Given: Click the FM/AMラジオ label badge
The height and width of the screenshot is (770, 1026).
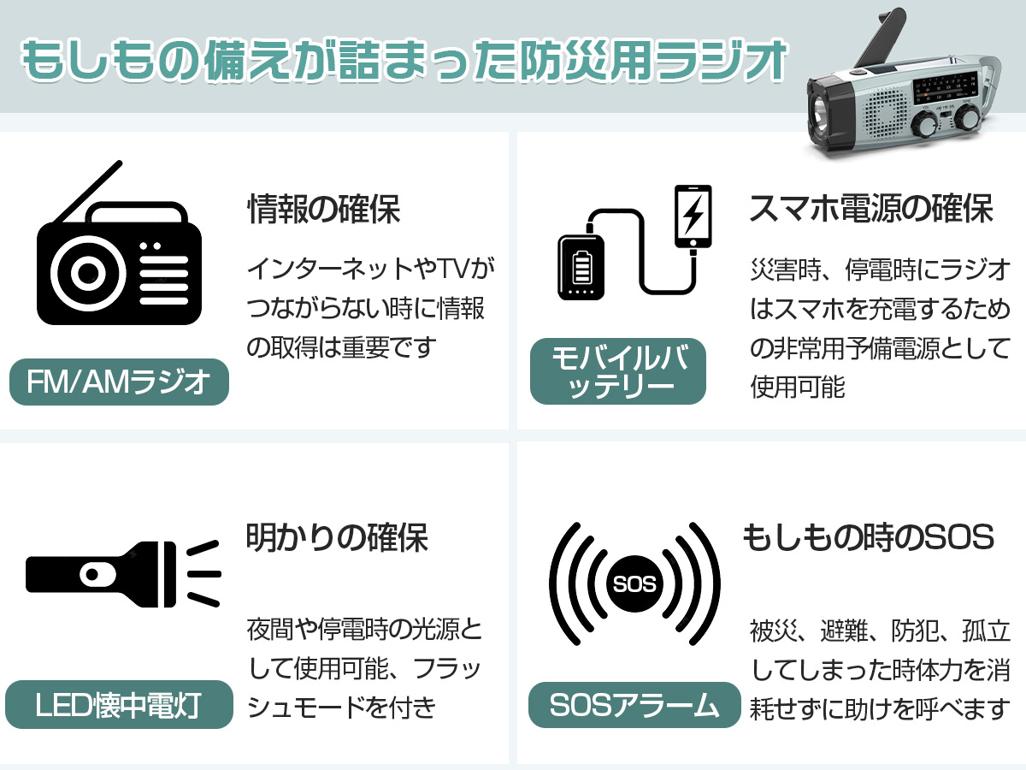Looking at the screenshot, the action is pyautogui.click(x=119, y=382).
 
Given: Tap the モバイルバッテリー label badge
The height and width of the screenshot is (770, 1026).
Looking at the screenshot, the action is pyautogui.click(x=618, y=371).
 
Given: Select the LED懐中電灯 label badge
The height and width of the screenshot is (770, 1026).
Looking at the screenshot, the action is pyautogui.click(x=119, y=704).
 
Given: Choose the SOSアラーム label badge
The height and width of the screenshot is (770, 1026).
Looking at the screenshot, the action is pyautogui.click(x=634, y=704).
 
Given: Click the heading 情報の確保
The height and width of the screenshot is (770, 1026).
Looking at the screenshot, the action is pyautogui.click(x=323, y=209).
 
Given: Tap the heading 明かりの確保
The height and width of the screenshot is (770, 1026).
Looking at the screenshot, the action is pyautogui.click(x=337, y=537).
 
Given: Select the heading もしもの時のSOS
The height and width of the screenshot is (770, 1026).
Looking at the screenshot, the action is pyautogui.click(x=869, y=536).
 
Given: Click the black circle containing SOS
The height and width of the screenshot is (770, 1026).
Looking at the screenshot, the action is pyautogui.click(x=634, y=584).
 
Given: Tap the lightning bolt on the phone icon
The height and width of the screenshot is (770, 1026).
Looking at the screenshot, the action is pyautogui.click(x=693, y=214).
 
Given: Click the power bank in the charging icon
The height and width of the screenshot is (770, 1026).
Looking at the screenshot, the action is pyautogui.click(x=581, y=266).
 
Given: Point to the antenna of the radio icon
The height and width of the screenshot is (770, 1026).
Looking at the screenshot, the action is pyautogui.click(x=88, y=192).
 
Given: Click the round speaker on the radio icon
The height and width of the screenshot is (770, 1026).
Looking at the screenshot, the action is pyautogui.click(x=88, y=273).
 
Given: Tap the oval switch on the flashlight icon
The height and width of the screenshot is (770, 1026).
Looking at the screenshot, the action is pyautogui.click(x=97, y=575).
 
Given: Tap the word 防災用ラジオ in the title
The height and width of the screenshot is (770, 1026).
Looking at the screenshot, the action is pyautogui.click(x=652, y=61).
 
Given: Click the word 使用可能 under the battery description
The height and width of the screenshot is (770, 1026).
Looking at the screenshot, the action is pyautogui.click(x=798, y=386).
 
